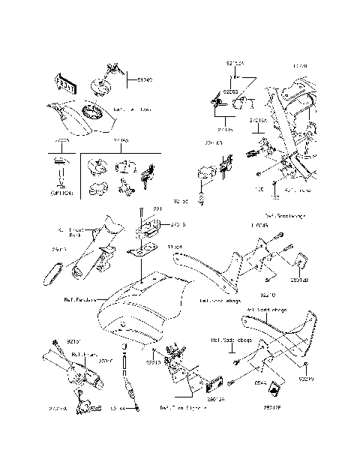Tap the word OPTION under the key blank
[x=61, y=193]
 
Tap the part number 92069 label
[x=230, y=91]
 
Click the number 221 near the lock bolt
[x=157, y=208]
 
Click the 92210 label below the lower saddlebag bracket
[x=307, y=379]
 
